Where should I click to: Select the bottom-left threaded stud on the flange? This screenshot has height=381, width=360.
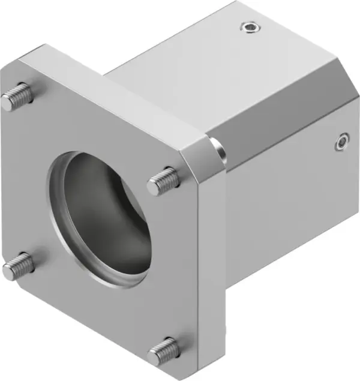pos(18,266)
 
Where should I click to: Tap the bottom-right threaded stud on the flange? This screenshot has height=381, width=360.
pos(163,351)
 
